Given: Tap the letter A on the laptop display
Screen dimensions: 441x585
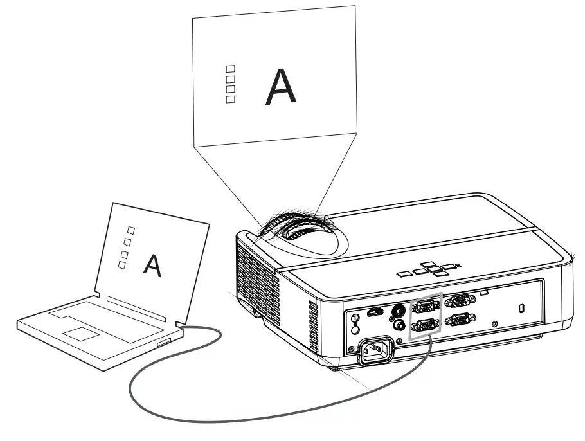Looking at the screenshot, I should click(x=152, y=265).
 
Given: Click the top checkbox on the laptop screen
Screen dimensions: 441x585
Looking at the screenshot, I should click(x=131, y=230).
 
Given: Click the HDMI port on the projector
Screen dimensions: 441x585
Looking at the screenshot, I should click(x=374, y=313).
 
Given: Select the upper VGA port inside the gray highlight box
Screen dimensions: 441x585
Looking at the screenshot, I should click(x=425, y=307).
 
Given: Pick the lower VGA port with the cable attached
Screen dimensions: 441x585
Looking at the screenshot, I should click(x=425, y=325).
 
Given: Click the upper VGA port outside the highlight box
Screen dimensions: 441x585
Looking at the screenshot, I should click(x=459, y=300).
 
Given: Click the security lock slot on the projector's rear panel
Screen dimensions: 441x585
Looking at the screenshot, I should click(x=521, y=308).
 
